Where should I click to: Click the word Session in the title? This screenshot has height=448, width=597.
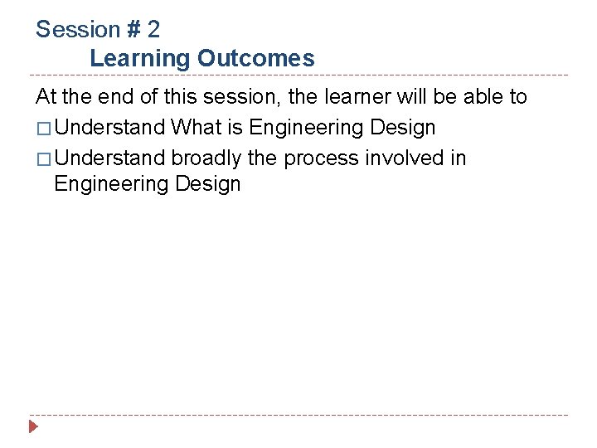coord(79,30)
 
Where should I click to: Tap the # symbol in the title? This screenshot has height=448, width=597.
coord(134,30)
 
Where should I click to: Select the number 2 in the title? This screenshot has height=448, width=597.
coord(153,30)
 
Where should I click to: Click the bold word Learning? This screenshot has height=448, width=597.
coord(140,59)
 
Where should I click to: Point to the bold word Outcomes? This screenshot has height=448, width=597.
coord(256,59)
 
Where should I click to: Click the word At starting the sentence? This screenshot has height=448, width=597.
coord(46,97)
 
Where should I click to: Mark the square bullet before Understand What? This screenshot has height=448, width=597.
coord(43,129)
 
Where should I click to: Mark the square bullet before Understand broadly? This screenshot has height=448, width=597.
coord(43,158)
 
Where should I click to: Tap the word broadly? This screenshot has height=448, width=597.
coord(206,158)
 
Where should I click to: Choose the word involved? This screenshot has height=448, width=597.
coord(402,158)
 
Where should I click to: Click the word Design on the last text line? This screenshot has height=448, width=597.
coord(207,184)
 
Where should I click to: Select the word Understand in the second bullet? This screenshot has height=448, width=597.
coord(110,158)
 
